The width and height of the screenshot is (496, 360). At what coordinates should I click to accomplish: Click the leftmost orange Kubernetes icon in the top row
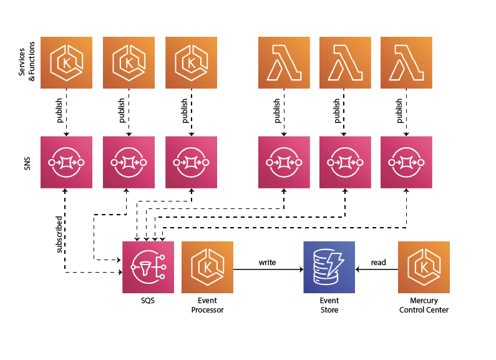coord(66,62)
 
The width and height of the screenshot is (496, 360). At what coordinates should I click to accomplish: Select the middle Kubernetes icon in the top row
coord(129,62)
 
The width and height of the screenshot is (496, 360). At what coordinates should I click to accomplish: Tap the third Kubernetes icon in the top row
coord(191,62)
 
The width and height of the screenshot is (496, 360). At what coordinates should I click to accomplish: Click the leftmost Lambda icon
coord(284,62)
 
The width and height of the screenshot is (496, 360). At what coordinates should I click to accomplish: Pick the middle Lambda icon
coord(345,62)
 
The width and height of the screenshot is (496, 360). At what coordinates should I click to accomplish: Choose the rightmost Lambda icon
coord(406,62)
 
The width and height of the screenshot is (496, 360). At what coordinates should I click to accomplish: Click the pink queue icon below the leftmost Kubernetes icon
coord(66,162)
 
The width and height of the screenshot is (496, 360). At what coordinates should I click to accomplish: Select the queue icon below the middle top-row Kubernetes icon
coord(129,162)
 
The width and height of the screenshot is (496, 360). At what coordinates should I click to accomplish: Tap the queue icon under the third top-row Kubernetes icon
coord(191,162)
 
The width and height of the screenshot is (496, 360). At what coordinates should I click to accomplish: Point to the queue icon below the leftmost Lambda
coord(284,162)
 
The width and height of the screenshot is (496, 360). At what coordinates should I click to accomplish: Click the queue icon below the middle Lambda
coord(345,162)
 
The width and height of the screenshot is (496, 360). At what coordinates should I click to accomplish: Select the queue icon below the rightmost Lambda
coord(406,162)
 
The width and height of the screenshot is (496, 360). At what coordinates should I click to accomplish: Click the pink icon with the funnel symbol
coord(148,267)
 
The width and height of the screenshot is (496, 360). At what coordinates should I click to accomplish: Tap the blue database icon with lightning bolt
coord(329,267)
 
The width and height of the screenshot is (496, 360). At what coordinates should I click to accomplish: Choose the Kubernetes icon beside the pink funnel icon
coord(207,267)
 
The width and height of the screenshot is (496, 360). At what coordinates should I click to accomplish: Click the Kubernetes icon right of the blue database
coord(424,267)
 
